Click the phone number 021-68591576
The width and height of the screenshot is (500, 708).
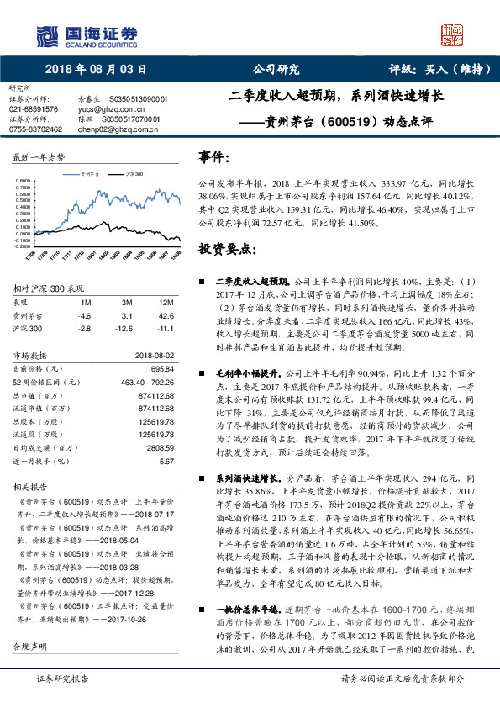point(34,109)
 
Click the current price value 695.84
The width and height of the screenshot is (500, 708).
point(161,368)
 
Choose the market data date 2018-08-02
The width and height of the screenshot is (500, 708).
point(154,356)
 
